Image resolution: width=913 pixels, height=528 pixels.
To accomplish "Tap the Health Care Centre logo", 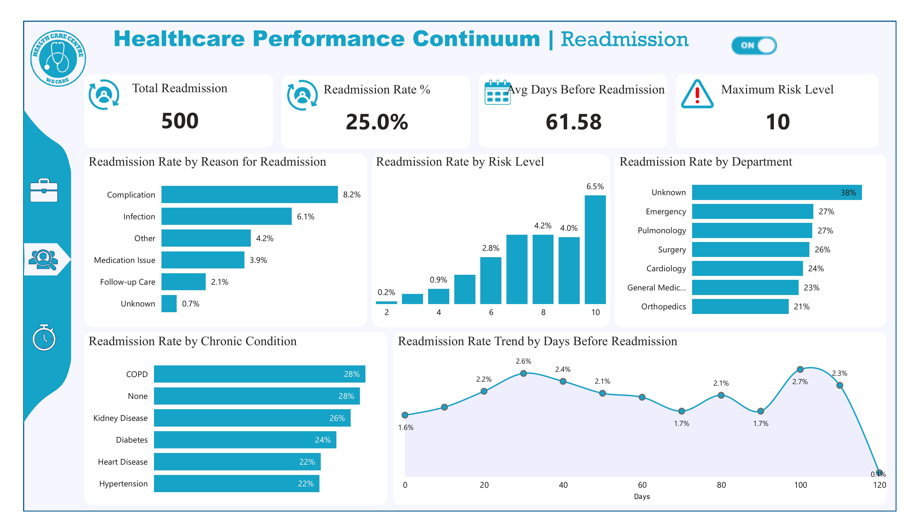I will tap(58, 58).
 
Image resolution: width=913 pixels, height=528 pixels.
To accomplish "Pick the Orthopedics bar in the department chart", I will tap(740, 307).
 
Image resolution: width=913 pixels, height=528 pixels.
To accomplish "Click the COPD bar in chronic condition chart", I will tap(259, 374).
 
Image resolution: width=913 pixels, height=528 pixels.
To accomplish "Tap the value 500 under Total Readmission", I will tap(180, 121).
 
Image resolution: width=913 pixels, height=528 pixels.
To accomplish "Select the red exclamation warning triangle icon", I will tap(697, 94).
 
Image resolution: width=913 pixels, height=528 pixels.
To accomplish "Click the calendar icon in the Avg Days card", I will tap(497, 93).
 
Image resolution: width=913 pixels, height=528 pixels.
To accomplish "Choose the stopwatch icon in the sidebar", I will tap(44, 338).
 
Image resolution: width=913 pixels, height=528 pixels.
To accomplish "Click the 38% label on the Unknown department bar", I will tap(848, 192).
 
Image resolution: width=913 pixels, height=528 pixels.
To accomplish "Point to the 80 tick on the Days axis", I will tap(721, 485).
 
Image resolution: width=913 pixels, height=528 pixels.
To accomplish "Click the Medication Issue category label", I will tap(125, 260).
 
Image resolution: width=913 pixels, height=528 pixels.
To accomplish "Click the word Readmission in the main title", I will tap(624, 39).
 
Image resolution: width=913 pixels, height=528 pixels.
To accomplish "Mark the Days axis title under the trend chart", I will tap(642, 497).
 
